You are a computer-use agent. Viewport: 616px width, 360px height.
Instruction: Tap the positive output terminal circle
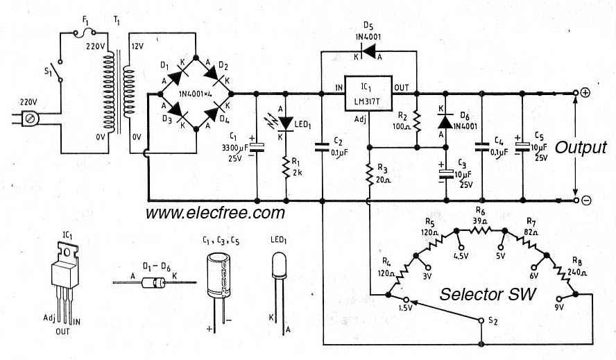576,93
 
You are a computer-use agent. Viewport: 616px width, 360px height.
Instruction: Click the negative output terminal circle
576,201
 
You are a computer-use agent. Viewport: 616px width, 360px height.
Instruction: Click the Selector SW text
488,295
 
